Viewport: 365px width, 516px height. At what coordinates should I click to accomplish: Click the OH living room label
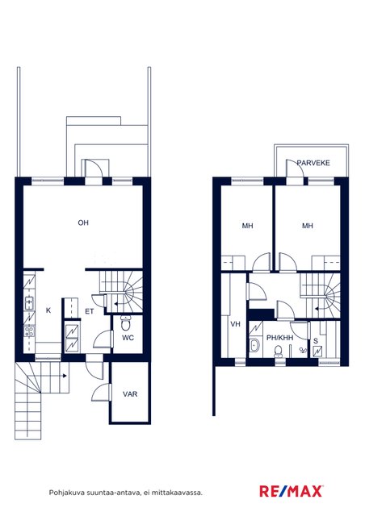click(83, 223)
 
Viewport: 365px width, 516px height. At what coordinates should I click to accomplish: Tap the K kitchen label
click(48, 310)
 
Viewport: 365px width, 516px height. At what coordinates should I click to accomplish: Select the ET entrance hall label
click(90, 311)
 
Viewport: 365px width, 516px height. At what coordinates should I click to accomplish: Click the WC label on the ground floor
click(128, 338)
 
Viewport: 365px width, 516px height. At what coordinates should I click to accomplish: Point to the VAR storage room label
click(130, 394)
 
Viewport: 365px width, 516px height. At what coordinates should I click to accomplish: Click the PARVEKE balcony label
click(313, 163)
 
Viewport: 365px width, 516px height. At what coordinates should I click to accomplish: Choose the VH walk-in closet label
click(235, 324)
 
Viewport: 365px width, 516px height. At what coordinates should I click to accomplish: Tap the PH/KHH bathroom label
click(279, 338)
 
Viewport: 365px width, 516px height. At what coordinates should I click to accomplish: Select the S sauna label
click(316, 341)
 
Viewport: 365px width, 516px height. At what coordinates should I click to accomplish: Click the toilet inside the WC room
click(126, 322)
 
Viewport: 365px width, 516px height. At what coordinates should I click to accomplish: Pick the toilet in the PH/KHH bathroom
click(278, 352)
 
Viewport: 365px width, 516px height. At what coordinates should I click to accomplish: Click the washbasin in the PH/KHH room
click(254, 345)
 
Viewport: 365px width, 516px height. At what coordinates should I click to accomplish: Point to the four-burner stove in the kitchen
click(29, 331)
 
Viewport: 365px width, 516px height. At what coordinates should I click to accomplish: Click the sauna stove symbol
click(317, 352)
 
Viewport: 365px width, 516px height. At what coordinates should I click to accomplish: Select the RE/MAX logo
click(292, 491)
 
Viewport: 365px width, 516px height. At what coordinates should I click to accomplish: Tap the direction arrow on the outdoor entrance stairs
click(64, 376)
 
